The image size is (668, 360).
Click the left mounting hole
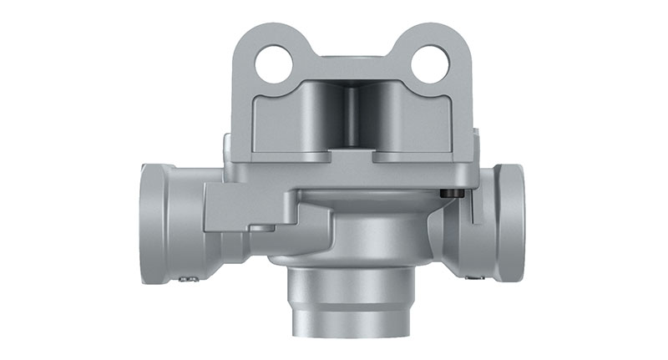tap(274, 63)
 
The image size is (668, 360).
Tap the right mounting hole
tap(431, 63)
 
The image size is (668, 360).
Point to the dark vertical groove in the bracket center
tap(352, 117)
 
